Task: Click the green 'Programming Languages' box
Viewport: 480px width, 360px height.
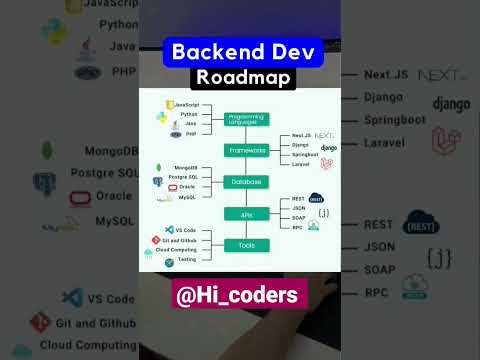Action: (x=246, y=119)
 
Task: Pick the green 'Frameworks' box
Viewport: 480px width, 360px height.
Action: (x=246, y=150)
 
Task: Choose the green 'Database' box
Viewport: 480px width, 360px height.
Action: (x=246, y=182)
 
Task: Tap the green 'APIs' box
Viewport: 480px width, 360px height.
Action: (x=246, y=214)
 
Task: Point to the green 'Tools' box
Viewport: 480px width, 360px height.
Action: (x=246, y=245)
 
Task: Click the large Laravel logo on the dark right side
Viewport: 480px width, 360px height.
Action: (x=446, y=142)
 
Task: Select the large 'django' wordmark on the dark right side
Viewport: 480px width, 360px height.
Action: (x=451, y=103)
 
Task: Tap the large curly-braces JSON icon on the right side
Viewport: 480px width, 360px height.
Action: (x=440, y=256)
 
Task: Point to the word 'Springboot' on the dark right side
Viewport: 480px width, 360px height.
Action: (x=395, y=120)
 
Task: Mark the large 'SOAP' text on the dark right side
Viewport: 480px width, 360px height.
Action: (x=380, y=270)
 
